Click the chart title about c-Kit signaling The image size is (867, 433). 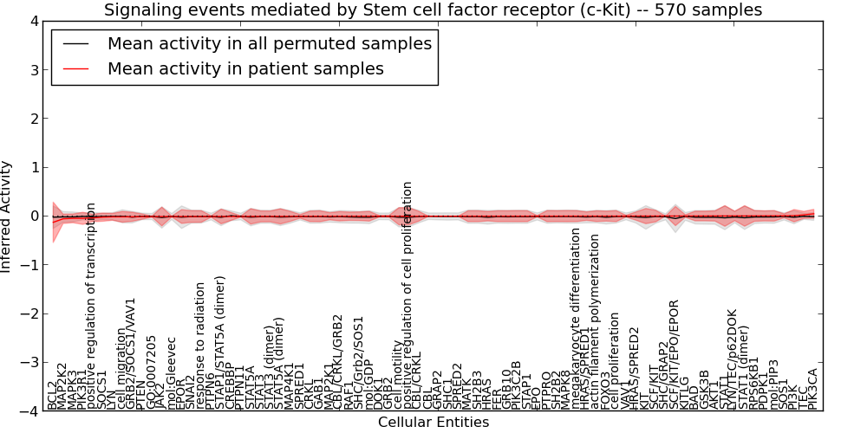pos(433,10)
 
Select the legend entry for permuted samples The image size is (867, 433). pos(270,43)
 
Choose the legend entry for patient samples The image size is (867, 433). pos(245,68)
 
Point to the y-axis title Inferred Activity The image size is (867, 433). pos(7,216)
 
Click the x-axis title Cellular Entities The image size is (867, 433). pos(433,423)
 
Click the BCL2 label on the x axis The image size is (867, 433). pos(52,394)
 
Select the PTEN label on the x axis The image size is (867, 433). pos(140,394)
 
